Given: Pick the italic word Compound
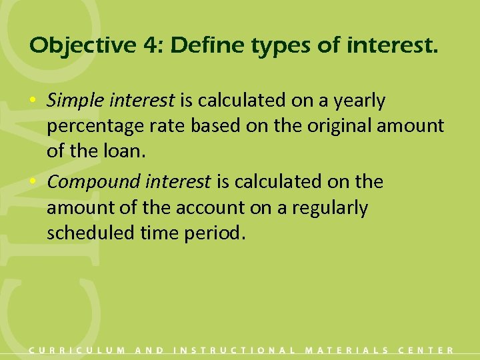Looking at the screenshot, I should pos(89,182).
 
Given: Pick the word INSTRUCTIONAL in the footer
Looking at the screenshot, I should pos(234,350).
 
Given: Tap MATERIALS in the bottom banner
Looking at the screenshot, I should pos(347,350).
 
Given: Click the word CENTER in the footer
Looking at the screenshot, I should pos(426,350).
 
